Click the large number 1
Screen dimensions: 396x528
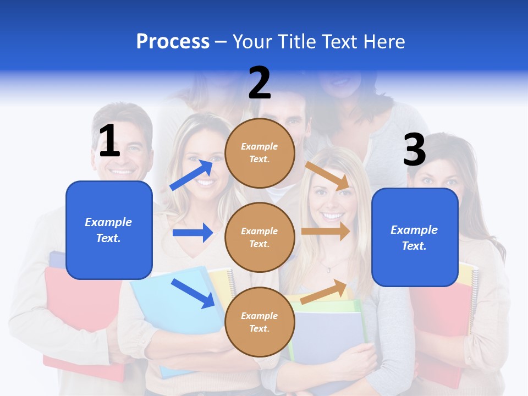tap(109, 141)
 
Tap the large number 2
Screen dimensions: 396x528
tap(260, 83)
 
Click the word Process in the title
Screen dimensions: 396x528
tap(173, 41)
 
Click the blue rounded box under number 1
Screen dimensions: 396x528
tap(109, 230)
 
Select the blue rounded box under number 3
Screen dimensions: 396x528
tap(415, 237)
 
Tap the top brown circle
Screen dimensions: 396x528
tap(260, 153)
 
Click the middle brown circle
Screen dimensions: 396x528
tap(260, 237)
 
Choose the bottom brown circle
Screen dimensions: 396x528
tap(260, 322)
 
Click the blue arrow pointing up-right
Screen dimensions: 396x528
tap(192, 175)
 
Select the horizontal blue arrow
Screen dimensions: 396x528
tap(193, 233)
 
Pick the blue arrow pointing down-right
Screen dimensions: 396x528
tap(193, 293)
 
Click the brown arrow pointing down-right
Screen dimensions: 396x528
tap(328, 175)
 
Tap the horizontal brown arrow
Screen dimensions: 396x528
tap(326, 232)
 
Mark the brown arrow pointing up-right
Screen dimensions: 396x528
tap(324, 292)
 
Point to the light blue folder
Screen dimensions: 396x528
tap(170, 308)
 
